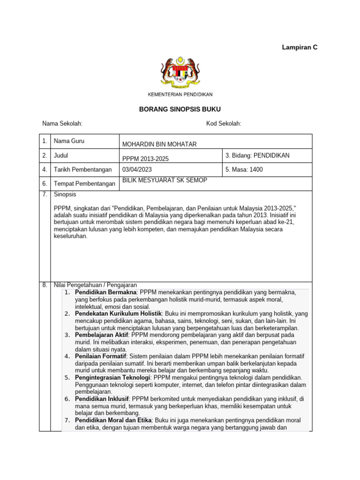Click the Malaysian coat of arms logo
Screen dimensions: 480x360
coord(180,72)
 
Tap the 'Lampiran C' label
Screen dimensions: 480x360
coord(300,47)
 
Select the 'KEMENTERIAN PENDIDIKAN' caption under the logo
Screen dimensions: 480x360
coord(180,94)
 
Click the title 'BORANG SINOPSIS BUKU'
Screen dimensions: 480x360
coord(180,109)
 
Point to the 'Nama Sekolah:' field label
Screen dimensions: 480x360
coord(62,124)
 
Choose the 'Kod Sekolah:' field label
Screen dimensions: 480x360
coord(224,124)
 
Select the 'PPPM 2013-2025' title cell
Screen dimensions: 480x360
coord(145,159)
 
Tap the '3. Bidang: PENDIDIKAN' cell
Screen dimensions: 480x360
coord(257,155)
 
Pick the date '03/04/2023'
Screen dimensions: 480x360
coord(137,170)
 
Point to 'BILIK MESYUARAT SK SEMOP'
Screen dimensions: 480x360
coord(164,180)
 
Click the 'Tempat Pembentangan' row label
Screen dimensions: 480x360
coord(84,184)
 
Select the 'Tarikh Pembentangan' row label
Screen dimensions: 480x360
coord(83,170)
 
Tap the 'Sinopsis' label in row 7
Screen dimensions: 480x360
coord(65,194)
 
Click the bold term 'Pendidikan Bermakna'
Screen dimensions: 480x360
coord(102,292)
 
